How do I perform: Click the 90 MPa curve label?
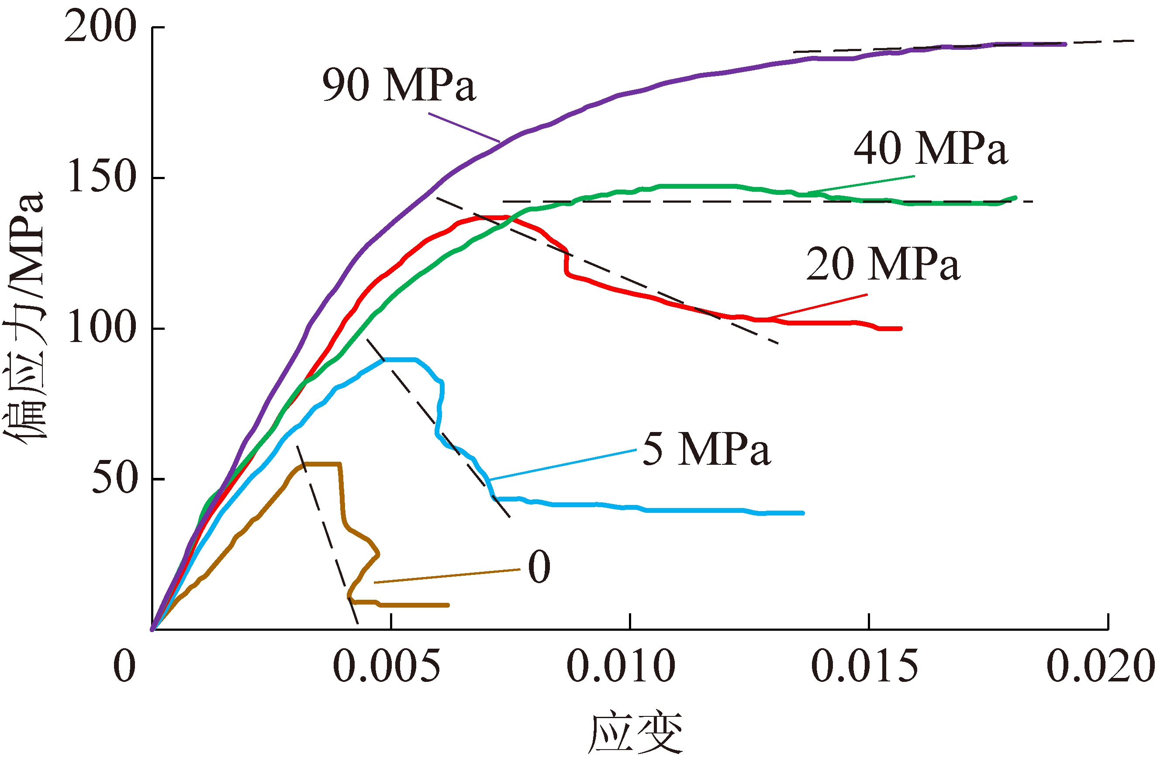click(x=399, y=85)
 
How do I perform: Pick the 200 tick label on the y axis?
click(x=100, y=27)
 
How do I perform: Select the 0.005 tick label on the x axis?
click(x=387, y=666)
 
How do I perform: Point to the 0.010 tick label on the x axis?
click(x=621, y=666)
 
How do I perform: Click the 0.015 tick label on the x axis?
click(x=864, y=666)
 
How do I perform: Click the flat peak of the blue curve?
click(x=400, y=360)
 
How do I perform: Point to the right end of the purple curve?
click(x=1065, y=44)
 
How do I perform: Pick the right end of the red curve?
click(x=900, y=328)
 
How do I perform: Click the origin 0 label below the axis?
click(x=124, y=666)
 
